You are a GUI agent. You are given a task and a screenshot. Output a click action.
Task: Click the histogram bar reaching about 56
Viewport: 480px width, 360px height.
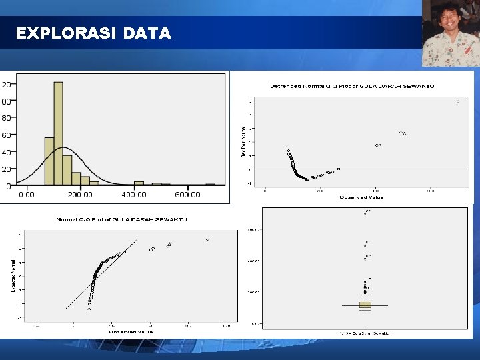click(x=49, y=160)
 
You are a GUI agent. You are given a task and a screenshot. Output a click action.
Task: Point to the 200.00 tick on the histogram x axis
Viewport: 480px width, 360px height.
click(x=80, y=195)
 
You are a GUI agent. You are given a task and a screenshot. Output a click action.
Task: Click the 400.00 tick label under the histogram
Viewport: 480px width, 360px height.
click(x=134, y=195)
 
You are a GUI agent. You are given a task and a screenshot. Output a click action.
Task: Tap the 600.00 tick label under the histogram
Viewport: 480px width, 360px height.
click(x=187, y=195)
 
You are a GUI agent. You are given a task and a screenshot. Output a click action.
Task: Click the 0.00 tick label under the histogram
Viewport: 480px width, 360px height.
click(x=26, y=195)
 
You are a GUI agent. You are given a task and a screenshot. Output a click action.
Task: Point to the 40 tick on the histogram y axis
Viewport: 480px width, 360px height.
click(x=7, y=152)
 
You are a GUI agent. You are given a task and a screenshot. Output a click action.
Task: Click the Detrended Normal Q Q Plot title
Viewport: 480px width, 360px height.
click(x=352, y=86)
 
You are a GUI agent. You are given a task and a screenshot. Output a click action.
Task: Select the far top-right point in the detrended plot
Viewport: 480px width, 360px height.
click(x=457, y=101)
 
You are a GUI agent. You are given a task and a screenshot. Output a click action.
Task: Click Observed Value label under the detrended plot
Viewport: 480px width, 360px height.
click(x=361, y=197)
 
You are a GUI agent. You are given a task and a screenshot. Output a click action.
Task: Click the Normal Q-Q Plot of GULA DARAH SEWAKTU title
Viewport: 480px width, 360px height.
click(x=121, y=219)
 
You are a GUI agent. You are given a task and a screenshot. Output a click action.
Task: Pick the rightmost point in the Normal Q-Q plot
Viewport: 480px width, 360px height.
click(x=207, y=239)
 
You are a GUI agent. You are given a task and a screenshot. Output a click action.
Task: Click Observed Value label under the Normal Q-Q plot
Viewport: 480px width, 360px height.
click(x=131, y=331)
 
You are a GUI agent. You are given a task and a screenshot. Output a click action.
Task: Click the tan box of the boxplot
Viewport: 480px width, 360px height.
click(x=365, y=305)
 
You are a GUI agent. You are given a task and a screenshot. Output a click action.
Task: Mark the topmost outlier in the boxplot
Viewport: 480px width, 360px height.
click(x=365, y=213)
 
